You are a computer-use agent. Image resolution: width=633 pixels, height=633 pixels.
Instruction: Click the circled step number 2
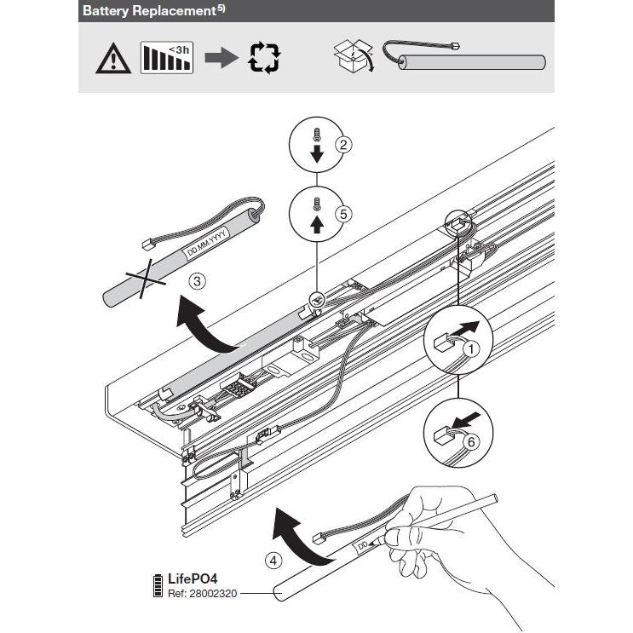(x=343, y=145)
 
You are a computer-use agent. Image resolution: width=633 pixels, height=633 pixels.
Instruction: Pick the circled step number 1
(x=469, y=348)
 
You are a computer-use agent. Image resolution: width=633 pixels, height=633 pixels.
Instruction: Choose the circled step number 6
(x=469, y=440)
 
